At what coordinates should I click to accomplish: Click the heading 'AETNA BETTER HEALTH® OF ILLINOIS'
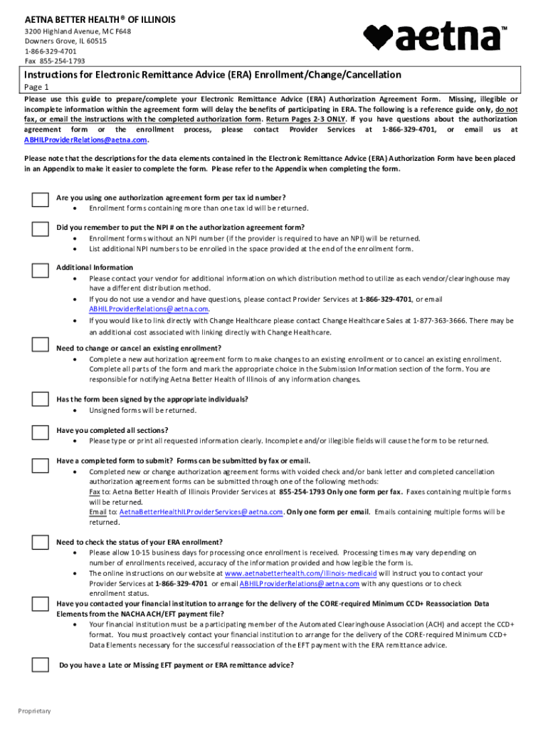pos(100,19)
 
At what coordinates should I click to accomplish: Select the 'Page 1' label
pos(37,87)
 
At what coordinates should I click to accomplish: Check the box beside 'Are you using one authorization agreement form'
pos(40,200)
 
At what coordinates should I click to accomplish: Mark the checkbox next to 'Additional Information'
pos(40,271)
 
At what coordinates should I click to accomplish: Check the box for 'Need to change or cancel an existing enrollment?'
pos(40,347)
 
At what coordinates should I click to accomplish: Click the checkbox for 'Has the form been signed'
pos(40,399)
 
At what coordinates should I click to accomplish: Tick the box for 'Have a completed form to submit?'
pos(40,465)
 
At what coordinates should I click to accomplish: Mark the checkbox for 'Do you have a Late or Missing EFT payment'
pos(40,666)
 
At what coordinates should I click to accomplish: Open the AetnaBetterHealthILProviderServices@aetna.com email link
pos(201,512)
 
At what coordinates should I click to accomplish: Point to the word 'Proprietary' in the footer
pos(34,711)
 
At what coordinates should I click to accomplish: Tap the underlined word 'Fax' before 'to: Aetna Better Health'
pos(95,492)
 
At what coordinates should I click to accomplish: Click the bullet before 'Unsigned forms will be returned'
pos(76,411)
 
